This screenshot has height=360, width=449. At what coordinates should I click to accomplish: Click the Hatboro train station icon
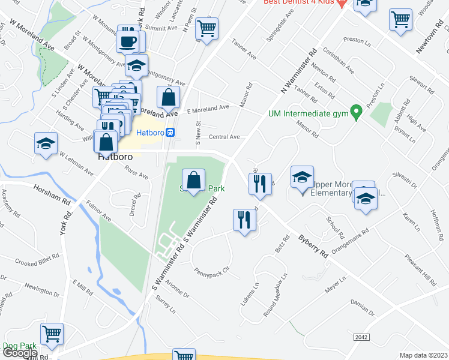point(170,133)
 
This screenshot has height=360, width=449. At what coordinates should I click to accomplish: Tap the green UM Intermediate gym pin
point(355,112)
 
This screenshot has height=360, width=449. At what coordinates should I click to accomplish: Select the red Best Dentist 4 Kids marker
point(342,3)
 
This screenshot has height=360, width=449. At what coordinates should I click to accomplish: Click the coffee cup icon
point(127,40)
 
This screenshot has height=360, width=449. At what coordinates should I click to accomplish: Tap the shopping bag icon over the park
point(194,179)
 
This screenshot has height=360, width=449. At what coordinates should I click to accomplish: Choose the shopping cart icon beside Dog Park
point(52,333)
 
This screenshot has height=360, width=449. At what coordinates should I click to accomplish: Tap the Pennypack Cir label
point(211,272)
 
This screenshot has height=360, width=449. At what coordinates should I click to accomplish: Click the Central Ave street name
point(224,137)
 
